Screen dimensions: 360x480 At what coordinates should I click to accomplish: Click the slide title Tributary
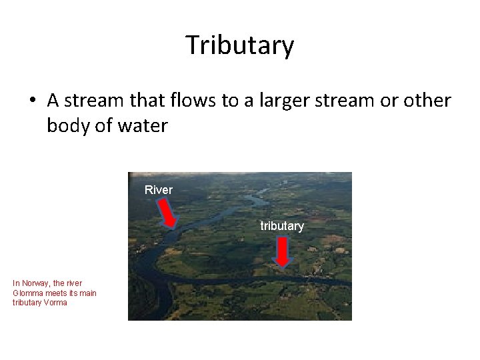click(x=239, y=45)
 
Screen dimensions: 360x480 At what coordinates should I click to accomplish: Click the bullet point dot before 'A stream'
click(x=33, y=102)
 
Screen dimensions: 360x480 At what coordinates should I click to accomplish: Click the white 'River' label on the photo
click(x=159, y=190)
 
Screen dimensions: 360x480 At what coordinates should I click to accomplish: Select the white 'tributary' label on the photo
click(x=282, y=226)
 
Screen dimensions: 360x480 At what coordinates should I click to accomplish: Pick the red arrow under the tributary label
click(x=283, y=251)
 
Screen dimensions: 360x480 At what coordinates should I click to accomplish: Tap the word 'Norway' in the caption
click(x=37, y=283)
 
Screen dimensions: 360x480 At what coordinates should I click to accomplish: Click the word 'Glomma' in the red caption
click(x=28, y=293)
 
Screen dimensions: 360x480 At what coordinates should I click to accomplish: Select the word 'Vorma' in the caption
click(x=55, y=303)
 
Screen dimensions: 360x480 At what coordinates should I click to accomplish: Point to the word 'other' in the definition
click(x=428, y=101)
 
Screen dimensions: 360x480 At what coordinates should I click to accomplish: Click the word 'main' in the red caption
click(x=87, y=293)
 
